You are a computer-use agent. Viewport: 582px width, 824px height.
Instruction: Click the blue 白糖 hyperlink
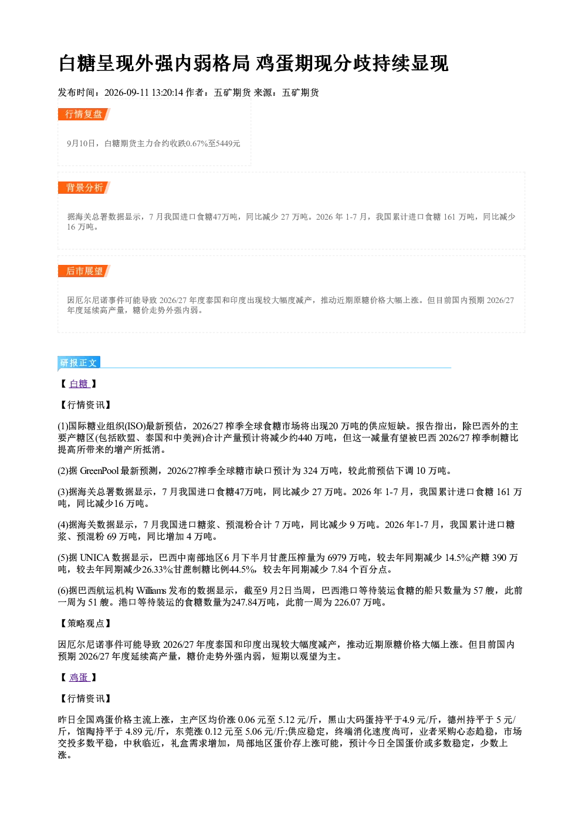pyautogui.click(x=79, y=384)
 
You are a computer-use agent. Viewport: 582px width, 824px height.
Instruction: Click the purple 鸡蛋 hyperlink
pyautogui.click(x=79, y=677)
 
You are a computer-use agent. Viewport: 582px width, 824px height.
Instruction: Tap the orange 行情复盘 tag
pyautogui.click(x=84, y=114)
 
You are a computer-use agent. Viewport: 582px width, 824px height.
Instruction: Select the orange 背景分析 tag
pyautogui.click(x=84, y=187)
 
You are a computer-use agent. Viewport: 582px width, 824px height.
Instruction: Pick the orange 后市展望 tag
pyautogui.click(x=84, y=271)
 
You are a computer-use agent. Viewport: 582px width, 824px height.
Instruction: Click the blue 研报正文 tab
pyautogui.click(x=79, y=363)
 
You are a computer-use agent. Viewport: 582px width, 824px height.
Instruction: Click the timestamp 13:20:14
pyautogui.click(x=167, y=93)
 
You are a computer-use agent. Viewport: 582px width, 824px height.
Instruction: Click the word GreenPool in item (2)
pyautogui.click(x=100, y=471)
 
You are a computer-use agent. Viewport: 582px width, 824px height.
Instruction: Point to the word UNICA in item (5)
pyautogui.click(x=95, y=558)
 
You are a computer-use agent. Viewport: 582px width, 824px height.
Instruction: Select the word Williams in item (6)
pyautogui.click(x=151, y=590)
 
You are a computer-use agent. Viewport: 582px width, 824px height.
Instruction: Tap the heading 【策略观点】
pyautogui.click(x=85, y=623)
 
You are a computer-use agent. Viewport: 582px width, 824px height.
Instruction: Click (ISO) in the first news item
pyautogui.click(x=135, y=426)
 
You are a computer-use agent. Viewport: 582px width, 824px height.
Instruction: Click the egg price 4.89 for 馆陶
pyautogui.click(x=134, y=732)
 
